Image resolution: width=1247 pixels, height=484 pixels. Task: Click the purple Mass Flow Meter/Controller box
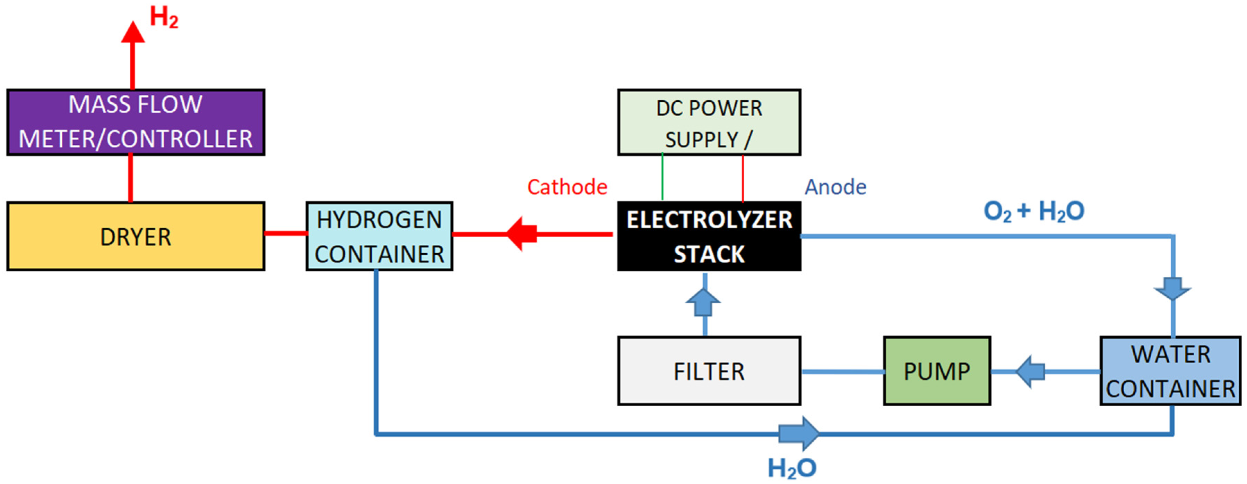pyautogui.click(x=136, y=122)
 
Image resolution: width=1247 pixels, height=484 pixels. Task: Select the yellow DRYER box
pyautogui.click(x=136, y=236)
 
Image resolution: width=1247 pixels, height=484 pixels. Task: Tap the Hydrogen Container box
pyautogui.click(x=379, y=236)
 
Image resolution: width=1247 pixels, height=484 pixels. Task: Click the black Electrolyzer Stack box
pyautogui.click(x=709, y=236)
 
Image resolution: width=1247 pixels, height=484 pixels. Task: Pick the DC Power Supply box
pyautogui.click(x=709, y=122)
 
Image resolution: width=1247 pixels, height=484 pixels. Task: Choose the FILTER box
pyautogui.click(x=709, y=371)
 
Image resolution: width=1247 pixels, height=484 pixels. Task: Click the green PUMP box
pyautogui.click(x=937, y=371)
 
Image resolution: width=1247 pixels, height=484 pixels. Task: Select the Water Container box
pyautogui.click(x=1170, y=371)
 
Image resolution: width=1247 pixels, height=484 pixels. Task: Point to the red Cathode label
pyautogui.click(x=567, y=187)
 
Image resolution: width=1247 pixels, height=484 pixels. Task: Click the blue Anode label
pyautogui.click(x=835, y=187)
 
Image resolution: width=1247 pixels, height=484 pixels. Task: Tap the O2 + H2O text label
pyautogui.click(x=1034, y=211)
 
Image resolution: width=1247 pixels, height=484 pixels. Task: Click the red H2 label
pyautogui.click(x=164, y=17)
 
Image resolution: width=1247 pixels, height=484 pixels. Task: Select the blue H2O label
pyautogui.click(x=792, y=468)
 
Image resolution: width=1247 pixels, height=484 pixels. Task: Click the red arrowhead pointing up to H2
pyautogui.click(x=133, y=33)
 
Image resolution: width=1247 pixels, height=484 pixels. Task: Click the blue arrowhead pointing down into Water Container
pyautogui.click(x=1172, y=289)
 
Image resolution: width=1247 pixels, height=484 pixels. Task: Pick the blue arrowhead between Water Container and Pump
pyautogui.click(x=1030, y=372)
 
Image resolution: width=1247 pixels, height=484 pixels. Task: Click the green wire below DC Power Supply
pyautogui.click(x=662, y=177)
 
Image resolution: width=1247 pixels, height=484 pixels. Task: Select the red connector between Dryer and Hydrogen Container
pyautogui.click(x=286, y=233)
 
